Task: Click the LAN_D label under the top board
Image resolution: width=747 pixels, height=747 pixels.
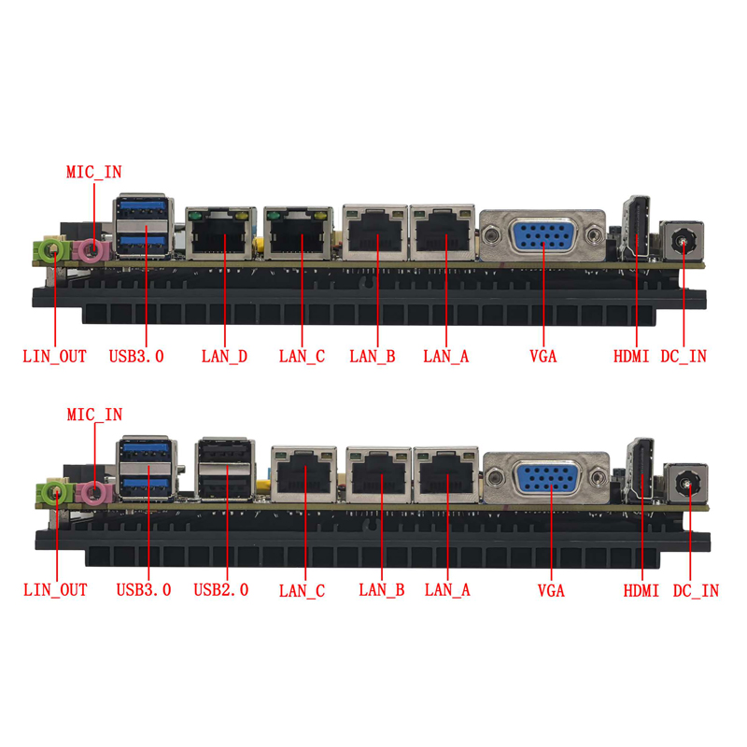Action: point(224,357)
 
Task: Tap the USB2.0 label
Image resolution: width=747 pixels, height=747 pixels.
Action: point(221,590)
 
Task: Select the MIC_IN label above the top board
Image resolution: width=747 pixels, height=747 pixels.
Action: point(94,172)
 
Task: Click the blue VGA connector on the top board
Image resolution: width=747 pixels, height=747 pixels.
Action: point(543,234)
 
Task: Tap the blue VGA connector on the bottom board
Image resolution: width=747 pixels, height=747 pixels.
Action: point(547,477)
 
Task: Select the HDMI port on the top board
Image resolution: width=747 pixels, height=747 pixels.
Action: point(637,228)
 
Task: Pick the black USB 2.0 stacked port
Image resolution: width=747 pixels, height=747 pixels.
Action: point(224,469)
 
